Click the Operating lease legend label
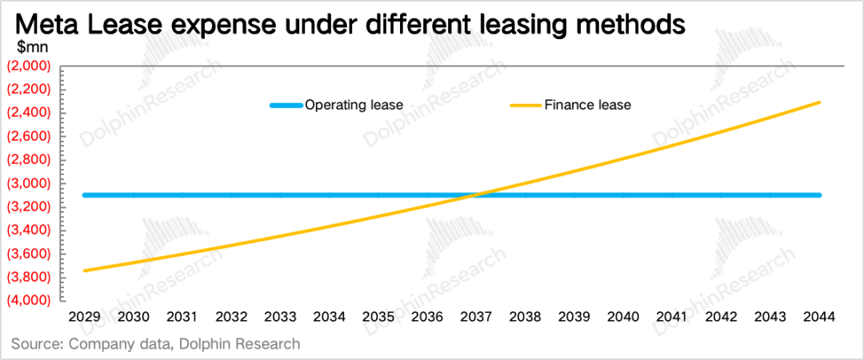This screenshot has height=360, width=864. coord(354,105)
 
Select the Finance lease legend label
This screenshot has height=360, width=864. coord(588,105)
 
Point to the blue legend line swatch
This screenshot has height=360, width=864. coord(286,105)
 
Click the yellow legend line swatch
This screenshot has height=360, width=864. coord(525,105)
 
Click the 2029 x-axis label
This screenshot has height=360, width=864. coord(84,317)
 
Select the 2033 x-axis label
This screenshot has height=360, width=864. coord(281,317)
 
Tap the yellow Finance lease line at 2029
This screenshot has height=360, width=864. coord(84,270)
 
